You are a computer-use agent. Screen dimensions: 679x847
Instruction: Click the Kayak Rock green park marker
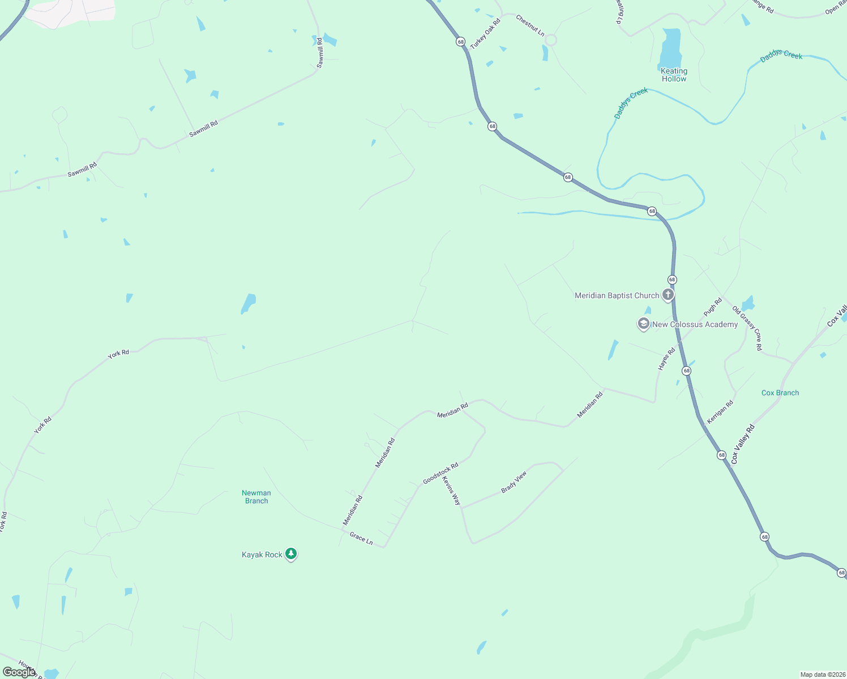[x=291, y=554]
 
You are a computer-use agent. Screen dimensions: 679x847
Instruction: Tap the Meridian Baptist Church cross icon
[x=668, y=295]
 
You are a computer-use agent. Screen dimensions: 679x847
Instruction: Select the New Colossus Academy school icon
[x=643, y=324]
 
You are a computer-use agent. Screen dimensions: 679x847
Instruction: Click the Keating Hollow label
[x=674, y=75]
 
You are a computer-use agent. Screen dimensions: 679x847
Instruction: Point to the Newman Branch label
[x=256, y=497]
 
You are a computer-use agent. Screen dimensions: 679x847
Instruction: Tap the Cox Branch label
[x=780, y=393]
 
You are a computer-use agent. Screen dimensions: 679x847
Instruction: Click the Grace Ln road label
[x=361, y=538]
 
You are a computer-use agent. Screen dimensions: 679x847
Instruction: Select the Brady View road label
[x=514, y=482]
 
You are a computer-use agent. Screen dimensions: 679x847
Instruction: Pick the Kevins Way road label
[x=451, y=491]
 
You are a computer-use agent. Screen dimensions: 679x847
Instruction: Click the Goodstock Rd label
[x=440, y=474]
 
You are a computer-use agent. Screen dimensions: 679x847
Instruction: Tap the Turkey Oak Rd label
[x=485, y=33]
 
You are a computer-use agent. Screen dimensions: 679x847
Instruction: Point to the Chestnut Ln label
[x=530, y=26]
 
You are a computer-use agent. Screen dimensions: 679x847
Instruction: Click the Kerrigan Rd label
[x=720, y=412]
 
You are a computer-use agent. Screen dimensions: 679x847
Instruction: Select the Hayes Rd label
[x=666, y=359]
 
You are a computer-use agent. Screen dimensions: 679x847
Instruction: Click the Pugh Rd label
[x=713, y=307]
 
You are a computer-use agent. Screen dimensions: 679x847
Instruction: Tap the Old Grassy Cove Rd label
[x=747, y=329]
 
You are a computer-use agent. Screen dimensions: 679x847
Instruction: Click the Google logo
[x=19, y=672]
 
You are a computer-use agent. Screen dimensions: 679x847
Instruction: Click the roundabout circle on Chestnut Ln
[x=551, y=40]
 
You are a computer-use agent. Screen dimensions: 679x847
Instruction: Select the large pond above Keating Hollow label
[x=671, y=48]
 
